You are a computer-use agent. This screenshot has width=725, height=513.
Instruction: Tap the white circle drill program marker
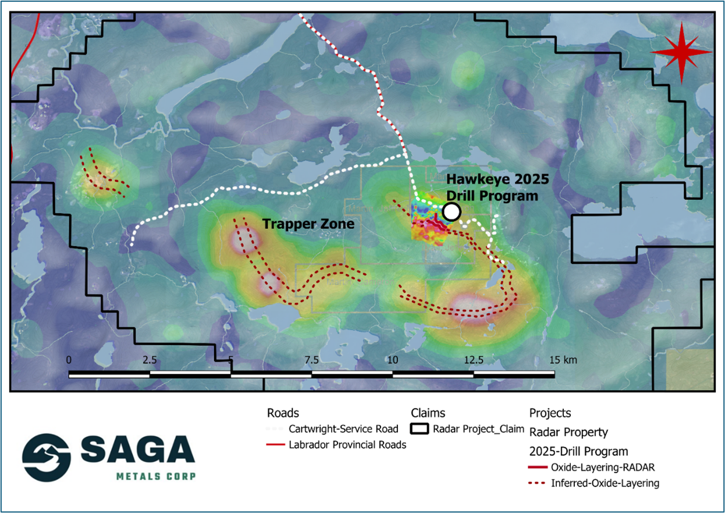tap(451, 212)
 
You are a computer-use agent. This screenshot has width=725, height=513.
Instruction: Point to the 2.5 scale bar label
tap(150, 360)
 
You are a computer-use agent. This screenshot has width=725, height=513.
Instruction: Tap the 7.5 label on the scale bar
tap(311, 360)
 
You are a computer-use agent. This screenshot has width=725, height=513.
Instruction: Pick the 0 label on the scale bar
tap(69, 360)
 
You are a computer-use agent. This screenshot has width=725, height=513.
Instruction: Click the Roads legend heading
tap(283, 413)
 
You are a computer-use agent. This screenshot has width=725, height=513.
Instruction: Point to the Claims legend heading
tap(428, 413)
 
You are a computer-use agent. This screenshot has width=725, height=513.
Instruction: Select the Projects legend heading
tap(550, 413)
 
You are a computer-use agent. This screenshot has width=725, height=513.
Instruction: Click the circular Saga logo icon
tap(47, 457)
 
